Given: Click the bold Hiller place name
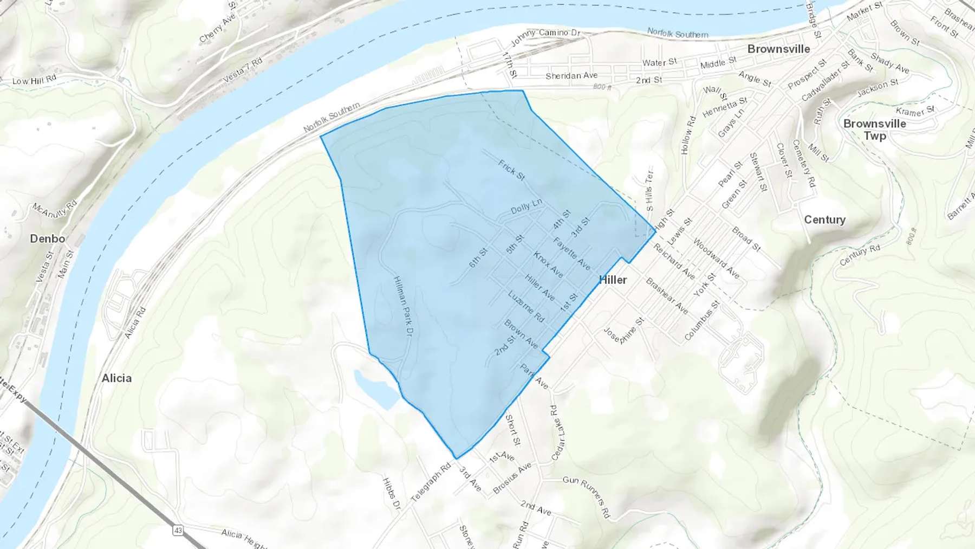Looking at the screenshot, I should pos(613,280).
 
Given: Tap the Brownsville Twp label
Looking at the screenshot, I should pos(874,130).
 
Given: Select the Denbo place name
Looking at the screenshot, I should pos(48,238).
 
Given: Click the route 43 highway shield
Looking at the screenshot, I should pos(178,529).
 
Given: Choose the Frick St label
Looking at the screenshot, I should pos(512,170).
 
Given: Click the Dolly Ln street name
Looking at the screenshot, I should pos(526,206).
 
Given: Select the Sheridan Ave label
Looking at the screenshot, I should pos(571,75).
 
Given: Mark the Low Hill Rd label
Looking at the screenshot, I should pos(34,81).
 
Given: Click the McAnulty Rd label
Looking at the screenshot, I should pos(55,209).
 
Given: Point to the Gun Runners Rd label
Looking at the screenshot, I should pos(587,495).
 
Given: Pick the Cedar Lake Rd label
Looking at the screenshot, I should pos(557,432).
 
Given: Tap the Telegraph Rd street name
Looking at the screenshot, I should pos(431,482).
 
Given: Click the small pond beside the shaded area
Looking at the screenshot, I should pos(376,388).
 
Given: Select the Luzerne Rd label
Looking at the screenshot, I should pos(526,306).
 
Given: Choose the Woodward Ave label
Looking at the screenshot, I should pos(716,259).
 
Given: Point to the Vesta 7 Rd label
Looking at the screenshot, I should pos(243,70).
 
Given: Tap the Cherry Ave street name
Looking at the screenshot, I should pos(218,28).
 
